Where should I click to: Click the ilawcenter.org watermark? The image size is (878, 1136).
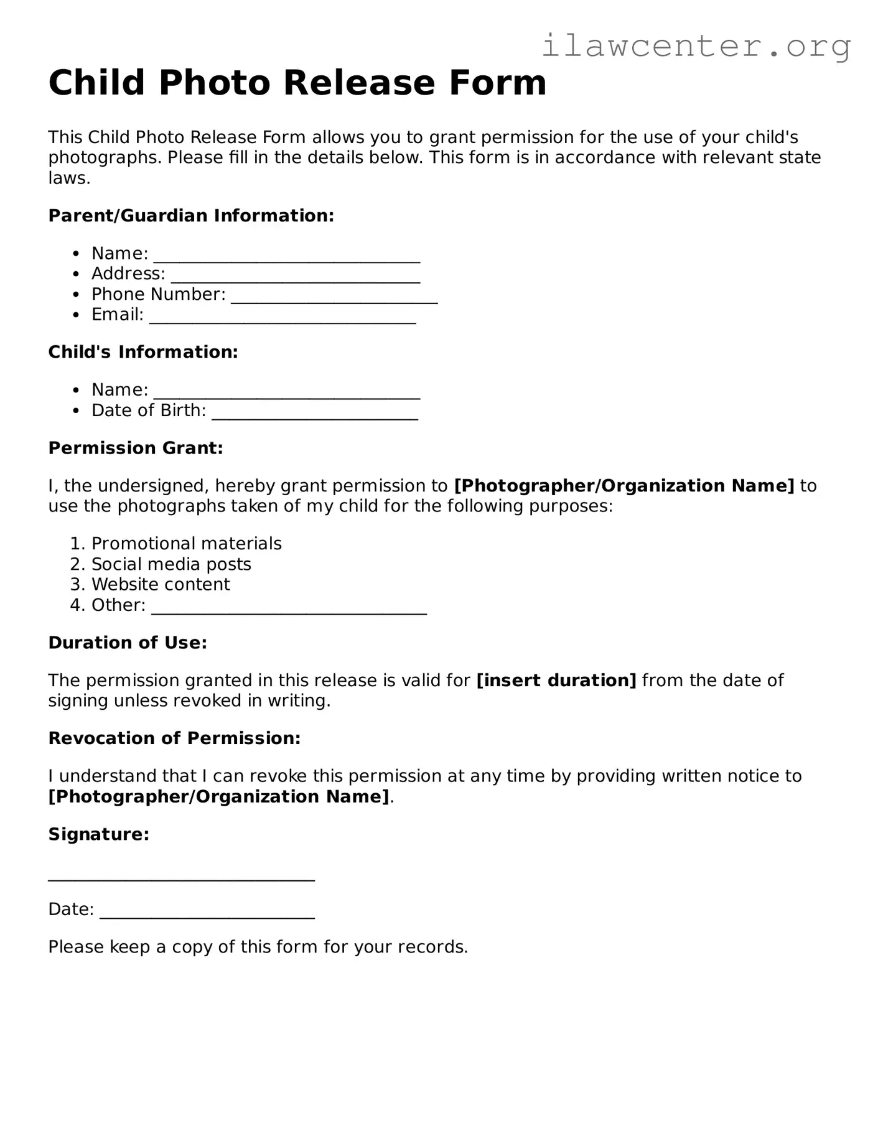(696, 46)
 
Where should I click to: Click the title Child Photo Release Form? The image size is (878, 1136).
(297, 83)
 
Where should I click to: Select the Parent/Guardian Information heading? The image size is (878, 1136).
(191, 216)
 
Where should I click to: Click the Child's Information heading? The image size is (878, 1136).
(143, 352)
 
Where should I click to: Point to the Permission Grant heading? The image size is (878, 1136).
(136, 448)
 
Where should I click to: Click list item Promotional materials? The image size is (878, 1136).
(186, 544)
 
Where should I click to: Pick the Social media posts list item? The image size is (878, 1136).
(171, 564)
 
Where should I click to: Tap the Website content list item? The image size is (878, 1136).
(161, 585)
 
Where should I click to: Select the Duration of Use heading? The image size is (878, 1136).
(128, 643)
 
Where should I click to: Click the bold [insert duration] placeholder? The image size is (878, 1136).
(556, 681)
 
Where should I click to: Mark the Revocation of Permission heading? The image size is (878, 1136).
(174, 738)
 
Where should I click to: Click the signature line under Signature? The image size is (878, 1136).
(181, 878)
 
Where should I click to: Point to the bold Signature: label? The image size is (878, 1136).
(99, 834)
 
